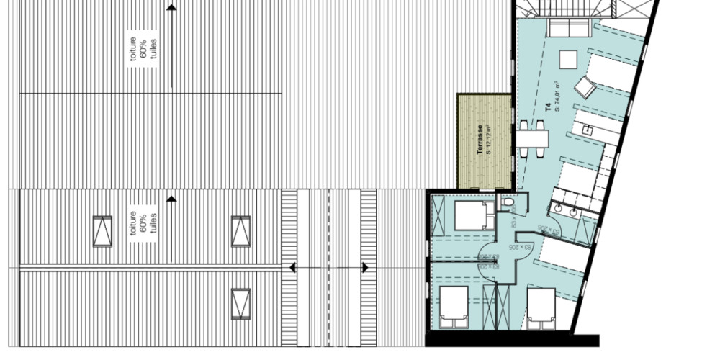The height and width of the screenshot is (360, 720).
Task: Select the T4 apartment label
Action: [547, 109]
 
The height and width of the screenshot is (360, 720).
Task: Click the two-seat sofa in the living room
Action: [568, 29]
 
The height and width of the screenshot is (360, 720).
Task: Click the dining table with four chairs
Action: [534, 137]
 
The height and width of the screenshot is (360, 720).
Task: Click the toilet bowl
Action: [509, 207]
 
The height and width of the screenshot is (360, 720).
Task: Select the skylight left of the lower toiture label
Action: [103, 231]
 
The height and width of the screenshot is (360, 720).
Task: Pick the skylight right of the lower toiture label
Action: [240, 231]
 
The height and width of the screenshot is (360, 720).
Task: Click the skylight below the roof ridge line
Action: [240, 303]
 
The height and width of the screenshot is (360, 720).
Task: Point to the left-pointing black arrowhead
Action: [292, 268]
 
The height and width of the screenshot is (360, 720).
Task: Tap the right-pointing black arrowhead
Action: [365, 268]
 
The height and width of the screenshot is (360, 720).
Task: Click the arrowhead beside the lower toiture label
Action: [171, 198]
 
